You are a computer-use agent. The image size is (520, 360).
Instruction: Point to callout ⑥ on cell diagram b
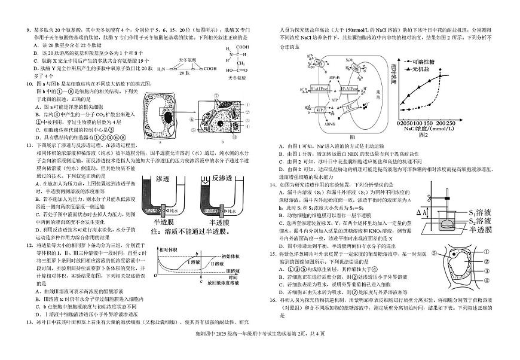[192, 118]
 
